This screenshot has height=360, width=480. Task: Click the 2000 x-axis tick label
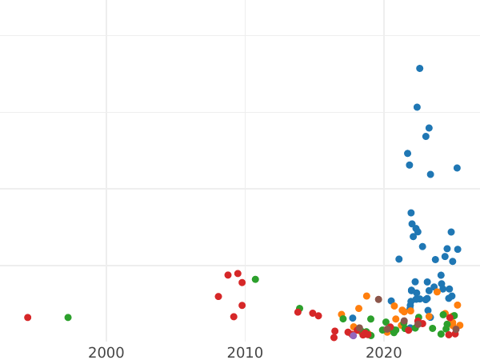pos(106,353)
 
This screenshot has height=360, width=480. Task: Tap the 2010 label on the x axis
pos(245,353)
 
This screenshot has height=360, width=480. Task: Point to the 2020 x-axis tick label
pos(384,353)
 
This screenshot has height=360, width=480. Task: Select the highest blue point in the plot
pos(419,69)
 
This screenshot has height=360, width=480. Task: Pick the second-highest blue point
pos(417,107)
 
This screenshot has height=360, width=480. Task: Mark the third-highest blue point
pos(429,128)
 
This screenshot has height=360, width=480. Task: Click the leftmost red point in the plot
pos(27,318)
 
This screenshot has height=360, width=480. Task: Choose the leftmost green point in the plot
pos(68,318)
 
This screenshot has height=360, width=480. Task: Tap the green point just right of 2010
pos(255,279)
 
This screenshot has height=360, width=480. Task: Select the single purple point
pos(353,335)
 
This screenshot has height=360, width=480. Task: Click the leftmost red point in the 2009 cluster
pos(218,297)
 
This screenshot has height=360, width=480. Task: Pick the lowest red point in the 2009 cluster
pos(234,317)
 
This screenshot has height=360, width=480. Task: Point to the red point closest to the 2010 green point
pos(242,282)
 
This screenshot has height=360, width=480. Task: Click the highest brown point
pos(378,299)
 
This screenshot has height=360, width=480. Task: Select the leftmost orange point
pos(342,314)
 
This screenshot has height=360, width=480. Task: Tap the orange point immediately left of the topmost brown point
pos(366,296)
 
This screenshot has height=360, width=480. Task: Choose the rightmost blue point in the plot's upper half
pos(457,168)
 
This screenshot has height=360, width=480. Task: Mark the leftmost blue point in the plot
pos(352,318)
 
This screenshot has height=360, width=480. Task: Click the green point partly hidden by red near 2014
pos(299,309)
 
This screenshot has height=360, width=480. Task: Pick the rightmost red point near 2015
pos(318,316)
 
